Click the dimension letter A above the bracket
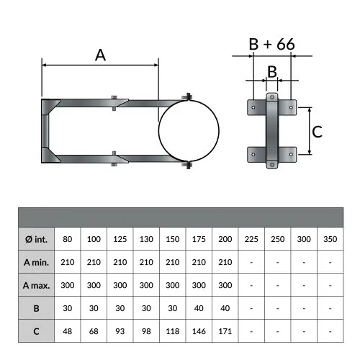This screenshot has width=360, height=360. pyautogui.click(x=100, y=55)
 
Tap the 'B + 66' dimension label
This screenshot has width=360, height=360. pyautogui.click(x=271, y=44)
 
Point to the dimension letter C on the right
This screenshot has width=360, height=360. pyautogui.click(x=317, y=132)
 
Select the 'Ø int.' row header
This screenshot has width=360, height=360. pyautogui.click(x=36, y=239)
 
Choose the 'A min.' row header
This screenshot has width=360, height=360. pyautogui.click(x=36, y=262)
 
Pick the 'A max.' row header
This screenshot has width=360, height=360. pyautogui.click(x=36, y=285)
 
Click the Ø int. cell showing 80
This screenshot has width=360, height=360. pyautogui.click(x=68, y=239)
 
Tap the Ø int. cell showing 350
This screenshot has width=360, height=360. pyautogui.click(x=330, y=239)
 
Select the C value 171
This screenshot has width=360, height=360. pyautogui.click(x=225, y=331)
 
